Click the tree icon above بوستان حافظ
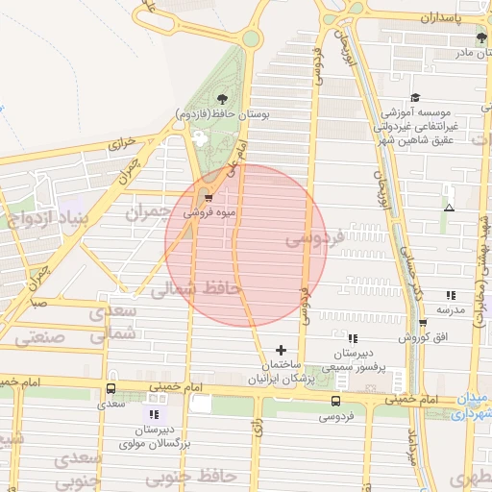pyautogui.click(x=223, y=98)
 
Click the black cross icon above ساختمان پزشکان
pyautogui.click(x=281, y=350)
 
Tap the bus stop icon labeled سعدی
pyautogui.click(x=111, y=390)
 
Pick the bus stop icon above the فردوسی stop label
pyautogui.click(x=335, y=402)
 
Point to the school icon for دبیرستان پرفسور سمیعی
pyautogui.click(x=352, y=338)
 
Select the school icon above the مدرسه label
pyautogui.click(x=451, y=295)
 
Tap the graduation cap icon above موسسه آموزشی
pyautogui.click(x=415, y=97)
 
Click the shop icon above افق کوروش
pyautogui.click(x=423, y=324)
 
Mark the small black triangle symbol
pyautogui.click(x=449, y=208)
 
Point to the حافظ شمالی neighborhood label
pyautogui.click(x=197, y=287)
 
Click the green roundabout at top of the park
pyautogui.click(x=251, y=38)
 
